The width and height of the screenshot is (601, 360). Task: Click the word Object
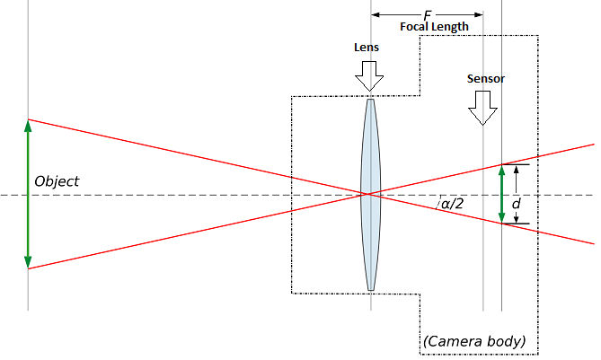(x=57, y=181)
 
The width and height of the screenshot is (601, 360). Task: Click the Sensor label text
(x=485, y=79)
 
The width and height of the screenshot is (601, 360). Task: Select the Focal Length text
(x=434, y=27)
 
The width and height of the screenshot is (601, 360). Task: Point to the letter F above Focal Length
(x=428, y=15)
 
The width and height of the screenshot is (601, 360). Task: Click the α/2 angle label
(x=452, y=205)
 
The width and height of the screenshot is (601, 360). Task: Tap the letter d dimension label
(x=516, y=205)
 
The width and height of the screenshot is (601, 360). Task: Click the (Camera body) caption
(x=473, y=342)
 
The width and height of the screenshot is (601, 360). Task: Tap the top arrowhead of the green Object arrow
(x=28, y=125)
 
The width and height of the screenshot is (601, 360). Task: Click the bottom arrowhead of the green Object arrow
(x=28, y=262)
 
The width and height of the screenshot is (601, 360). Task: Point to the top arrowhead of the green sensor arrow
(x=502, y=170)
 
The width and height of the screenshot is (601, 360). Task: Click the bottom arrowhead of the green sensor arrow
(x=502, y=217)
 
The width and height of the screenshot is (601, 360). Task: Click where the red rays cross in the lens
(x=367, y=194)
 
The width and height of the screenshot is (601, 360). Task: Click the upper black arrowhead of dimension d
(x=516, y=170)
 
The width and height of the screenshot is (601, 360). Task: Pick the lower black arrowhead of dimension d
(x=516, y=219)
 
